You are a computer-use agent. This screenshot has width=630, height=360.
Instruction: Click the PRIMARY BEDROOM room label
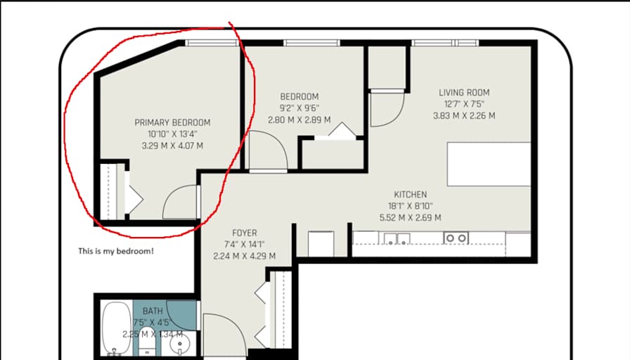172,122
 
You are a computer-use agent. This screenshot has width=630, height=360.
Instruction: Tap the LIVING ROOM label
464,92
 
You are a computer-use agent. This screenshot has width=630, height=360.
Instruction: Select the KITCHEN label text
410,195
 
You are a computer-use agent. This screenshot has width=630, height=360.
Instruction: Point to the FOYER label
244,233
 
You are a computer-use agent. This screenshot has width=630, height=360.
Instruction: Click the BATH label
153,311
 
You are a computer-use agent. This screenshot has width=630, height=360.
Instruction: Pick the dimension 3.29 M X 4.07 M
172,146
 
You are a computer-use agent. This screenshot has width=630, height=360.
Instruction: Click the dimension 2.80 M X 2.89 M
300,120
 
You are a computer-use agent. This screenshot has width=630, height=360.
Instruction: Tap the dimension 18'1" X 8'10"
410,206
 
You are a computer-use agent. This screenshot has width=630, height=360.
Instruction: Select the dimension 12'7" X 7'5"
464,104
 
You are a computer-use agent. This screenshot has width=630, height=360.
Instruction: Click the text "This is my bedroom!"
116,251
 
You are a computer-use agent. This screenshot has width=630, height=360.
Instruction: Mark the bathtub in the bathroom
117,328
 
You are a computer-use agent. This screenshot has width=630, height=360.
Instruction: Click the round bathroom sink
179,345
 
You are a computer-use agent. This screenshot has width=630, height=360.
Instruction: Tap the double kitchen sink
397,238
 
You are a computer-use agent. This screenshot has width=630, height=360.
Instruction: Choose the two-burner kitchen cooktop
456,238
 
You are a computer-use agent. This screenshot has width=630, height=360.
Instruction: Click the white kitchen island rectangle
489,164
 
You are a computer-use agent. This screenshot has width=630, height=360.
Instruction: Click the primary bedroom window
212,43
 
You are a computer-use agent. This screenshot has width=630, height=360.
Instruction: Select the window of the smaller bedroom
311,43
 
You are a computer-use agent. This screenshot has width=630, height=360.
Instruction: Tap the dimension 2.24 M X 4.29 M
244,257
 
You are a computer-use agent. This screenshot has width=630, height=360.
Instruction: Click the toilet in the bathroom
148,342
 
